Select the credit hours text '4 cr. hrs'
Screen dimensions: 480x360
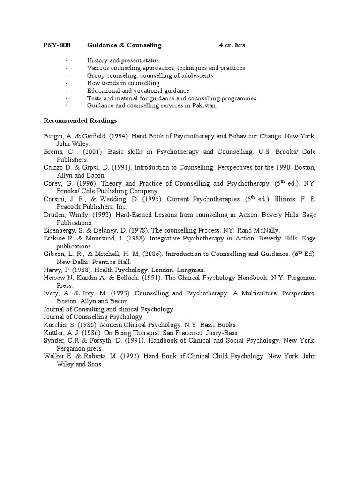tap(232, 45)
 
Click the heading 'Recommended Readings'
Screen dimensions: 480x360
tap(80, 121)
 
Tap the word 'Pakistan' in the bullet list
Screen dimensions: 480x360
tap(205, 106)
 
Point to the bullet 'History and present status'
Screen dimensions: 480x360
tap(123, 61)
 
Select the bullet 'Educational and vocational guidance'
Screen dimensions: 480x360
tap(138, 91)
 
